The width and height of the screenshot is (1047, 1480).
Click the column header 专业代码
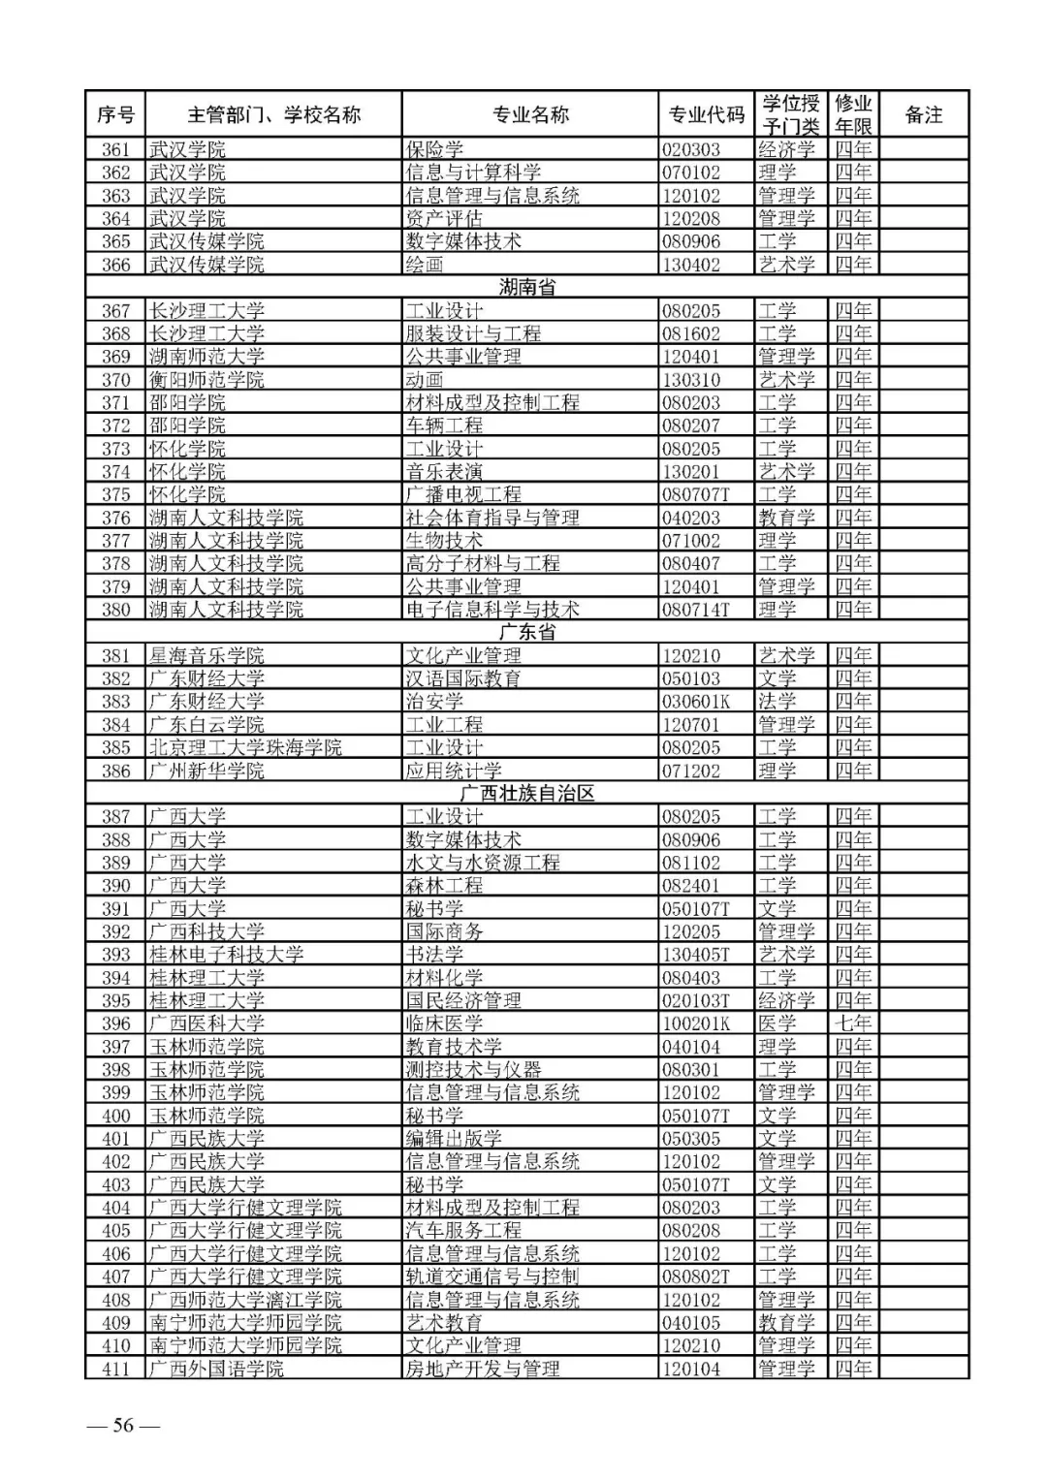point(706,114)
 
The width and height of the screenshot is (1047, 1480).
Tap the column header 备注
point(923,114)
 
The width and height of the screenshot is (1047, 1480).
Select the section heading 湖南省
point(527,287)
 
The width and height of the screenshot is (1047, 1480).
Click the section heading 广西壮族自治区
point(527,793)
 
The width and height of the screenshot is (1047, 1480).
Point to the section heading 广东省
point(527,632)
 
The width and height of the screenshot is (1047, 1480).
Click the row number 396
point(115,1023)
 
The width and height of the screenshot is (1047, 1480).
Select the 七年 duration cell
point(853,1023)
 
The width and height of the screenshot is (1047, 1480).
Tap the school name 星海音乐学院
point(206,655)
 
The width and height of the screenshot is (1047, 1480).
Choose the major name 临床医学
point(443,1023)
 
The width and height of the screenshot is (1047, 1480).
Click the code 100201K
point(695,1023)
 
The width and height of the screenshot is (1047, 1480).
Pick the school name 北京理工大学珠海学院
point(244,747)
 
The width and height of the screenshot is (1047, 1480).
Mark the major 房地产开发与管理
point(482,1369)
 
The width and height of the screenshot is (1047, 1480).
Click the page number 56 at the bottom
point(123,1425)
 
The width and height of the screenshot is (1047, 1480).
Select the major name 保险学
point(433,149)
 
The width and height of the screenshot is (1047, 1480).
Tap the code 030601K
point(695,701)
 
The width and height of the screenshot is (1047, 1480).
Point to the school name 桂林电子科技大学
point(225,954)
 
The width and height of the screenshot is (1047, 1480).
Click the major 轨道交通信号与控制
point(492,1276)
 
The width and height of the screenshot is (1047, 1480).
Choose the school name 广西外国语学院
point(215,1369)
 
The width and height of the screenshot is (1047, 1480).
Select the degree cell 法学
point(777,701)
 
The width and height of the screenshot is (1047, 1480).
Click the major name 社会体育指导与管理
point(492,518)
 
